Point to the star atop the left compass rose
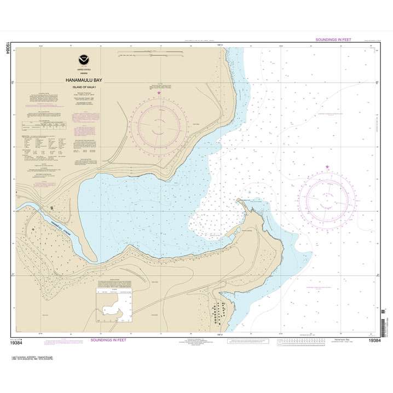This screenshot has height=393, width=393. click(x=159, y=94)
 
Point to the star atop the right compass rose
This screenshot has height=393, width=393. click(x=327, y=166)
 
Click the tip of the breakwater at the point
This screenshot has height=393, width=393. click(x=239, y=199)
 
